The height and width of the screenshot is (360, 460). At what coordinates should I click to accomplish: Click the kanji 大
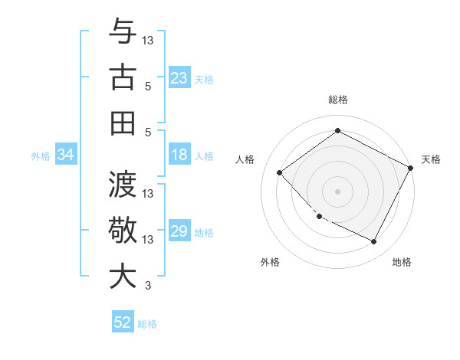(123, 276)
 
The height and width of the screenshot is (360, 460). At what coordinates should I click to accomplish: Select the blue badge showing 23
(179, 78)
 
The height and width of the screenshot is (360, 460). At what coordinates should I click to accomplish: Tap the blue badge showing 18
(179, 155)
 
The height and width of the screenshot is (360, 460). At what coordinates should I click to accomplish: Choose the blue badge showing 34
(65, 155)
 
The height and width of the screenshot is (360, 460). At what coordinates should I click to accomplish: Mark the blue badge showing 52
(123, 322)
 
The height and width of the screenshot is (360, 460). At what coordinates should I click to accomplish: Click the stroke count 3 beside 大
(148, 286)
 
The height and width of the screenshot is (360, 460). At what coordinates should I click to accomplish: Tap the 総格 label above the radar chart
(338, 100)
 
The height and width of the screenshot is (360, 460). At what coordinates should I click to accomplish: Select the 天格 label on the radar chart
(431, 159)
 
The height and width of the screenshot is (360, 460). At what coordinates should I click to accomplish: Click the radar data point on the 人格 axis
(280, 172)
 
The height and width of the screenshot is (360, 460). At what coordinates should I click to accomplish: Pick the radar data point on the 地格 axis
(374, 242)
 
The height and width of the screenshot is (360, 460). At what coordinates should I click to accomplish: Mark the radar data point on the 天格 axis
(411, 168)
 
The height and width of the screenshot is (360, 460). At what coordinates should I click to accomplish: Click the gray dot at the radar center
(338, 191)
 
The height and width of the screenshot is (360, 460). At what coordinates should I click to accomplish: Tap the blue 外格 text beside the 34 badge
(41, 156)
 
